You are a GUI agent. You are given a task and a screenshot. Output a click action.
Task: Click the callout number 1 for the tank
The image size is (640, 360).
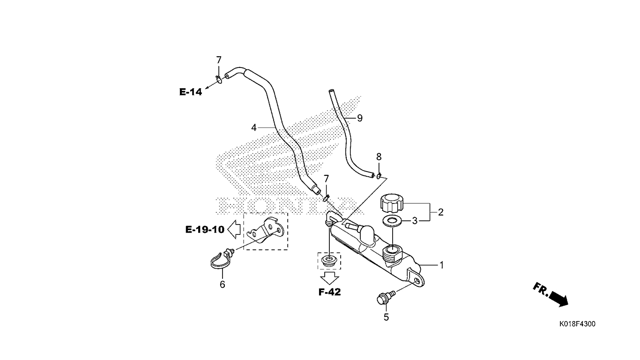[441, 265]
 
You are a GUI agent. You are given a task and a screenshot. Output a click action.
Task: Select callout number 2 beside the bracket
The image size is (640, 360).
[440, 212]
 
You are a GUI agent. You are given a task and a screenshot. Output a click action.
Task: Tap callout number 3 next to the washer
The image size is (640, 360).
[415, 221]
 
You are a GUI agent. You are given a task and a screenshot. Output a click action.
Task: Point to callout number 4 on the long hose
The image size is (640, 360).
[254, 127]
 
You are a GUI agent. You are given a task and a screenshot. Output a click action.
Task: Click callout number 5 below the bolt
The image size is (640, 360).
[386, 317]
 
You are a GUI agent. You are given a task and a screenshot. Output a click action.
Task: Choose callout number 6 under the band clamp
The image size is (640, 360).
[222, 284]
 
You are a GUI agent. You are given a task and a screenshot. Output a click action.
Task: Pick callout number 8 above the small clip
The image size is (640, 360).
[379, 157]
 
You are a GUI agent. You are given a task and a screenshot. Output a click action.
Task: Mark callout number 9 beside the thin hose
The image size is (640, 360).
[360, 118]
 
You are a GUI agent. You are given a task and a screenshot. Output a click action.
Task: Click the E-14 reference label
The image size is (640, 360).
[191, 92]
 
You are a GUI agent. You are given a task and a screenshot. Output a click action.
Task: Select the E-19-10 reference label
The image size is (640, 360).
[205, 229]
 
